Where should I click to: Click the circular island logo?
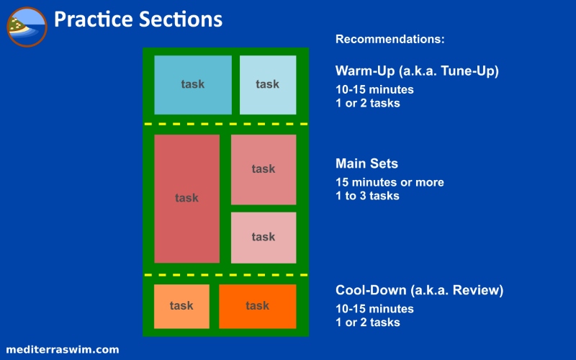click(x=27, y=27)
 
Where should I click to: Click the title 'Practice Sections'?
click(x=138, y=19)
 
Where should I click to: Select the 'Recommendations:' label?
click(x=390, y=39)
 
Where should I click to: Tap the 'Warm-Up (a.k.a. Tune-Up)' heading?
click(x=417, y=71)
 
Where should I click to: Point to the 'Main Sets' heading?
click(x=366, y=163)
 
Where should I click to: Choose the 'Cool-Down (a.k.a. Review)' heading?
click(x=419, y=290)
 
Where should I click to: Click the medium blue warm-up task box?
click(x=193, y=85)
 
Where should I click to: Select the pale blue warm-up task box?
click(x=268, y=85)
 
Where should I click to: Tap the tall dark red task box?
click(x=187, y=199)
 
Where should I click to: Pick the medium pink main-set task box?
click(x=264, y=169)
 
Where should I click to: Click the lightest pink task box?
click(x=264, y=238)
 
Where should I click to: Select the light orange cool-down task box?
click(x=181, y=307)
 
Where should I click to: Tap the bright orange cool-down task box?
click(x=258, y=307)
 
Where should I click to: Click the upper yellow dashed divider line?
click(x=226, y=124)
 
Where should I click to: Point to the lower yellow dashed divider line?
click(x=226, y=275)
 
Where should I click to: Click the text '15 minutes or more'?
click(x=390, y=182)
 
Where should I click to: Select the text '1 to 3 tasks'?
click(x=367, y=196)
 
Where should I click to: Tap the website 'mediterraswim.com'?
click(x=63, y=349)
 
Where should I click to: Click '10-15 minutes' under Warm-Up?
click(x=374, y=89)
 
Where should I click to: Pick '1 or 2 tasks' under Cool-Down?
click(x=367, y=322)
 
